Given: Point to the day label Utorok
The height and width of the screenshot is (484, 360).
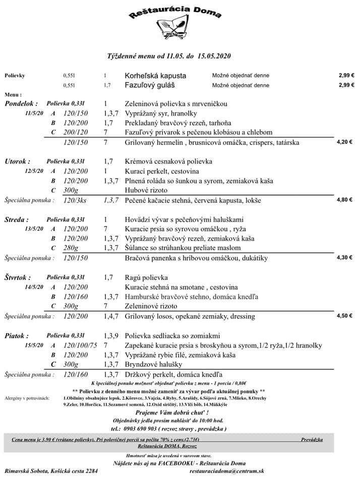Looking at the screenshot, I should [x=17, y=161].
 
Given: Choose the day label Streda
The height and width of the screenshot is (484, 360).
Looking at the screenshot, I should [x=16, y=220].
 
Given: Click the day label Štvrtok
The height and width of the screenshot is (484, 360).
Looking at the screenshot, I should [x=18, y=278].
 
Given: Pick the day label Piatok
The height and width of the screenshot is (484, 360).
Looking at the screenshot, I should [x=17, y=336].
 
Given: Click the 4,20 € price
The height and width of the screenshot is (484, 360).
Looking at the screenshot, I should [x=344, y=142].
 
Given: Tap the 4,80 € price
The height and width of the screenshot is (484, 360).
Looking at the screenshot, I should [x=344, y=200].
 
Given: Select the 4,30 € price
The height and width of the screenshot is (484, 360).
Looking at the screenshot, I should [x=344, y=258].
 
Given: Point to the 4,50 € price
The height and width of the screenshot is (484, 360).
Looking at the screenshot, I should [x=344, y=316].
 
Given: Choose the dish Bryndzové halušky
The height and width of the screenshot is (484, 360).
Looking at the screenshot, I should [x=153, y=365].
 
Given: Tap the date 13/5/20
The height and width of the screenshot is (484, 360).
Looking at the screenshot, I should [x=35, y=229].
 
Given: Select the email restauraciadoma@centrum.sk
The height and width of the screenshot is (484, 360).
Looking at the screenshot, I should [x=226, y=471].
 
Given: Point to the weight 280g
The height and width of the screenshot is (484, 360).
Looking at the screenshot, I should [x=71, y=249].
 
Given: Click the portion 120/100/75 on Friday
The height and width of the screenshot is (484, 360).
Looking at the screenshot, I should [x=80, y=345].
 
